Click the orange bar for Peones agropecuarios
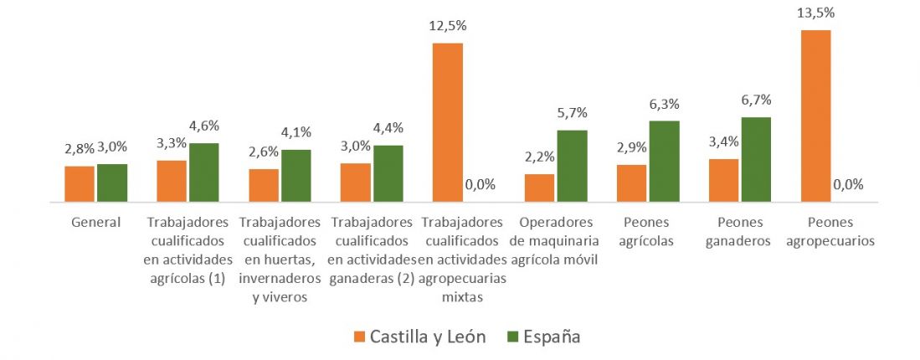815,116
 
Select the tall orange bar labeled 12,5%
447,122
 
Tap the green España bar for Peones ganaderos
755,159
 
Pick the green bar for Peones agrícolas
664,162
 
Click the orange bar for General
80,184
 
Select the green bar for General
112,183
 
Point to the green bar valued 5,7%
572,166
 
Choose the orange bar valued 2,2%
539,188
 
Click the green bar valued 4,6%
203,172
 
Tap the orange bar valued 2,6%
264,185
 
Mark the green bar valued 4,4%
388,173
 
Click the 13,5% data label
815,13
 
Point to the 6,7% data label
755,100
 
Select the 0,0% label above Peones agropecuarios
847,185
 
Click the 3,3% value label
172,144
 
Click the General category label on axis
95,223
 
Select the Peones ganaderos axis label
739,231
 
